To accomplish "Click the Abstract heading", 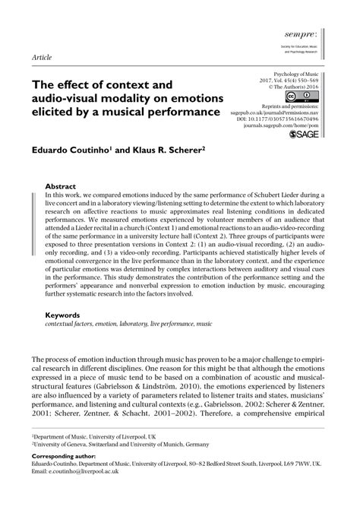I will point(60,185).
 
